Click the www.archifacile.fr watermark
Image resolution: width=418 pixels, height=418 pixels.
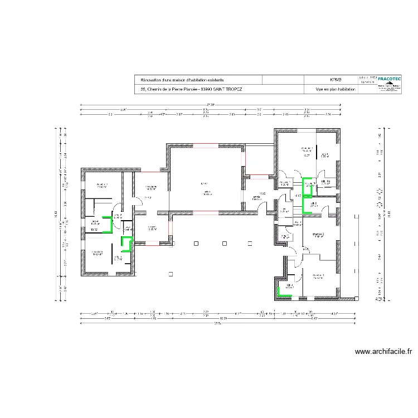(x=383, y=352)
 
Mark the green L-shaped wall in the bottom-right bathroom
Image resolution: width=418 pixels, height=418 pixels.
(x=283, y=291)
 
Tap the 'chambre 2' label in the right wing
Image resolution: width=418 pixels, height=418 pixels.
(x=318, y=235)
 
